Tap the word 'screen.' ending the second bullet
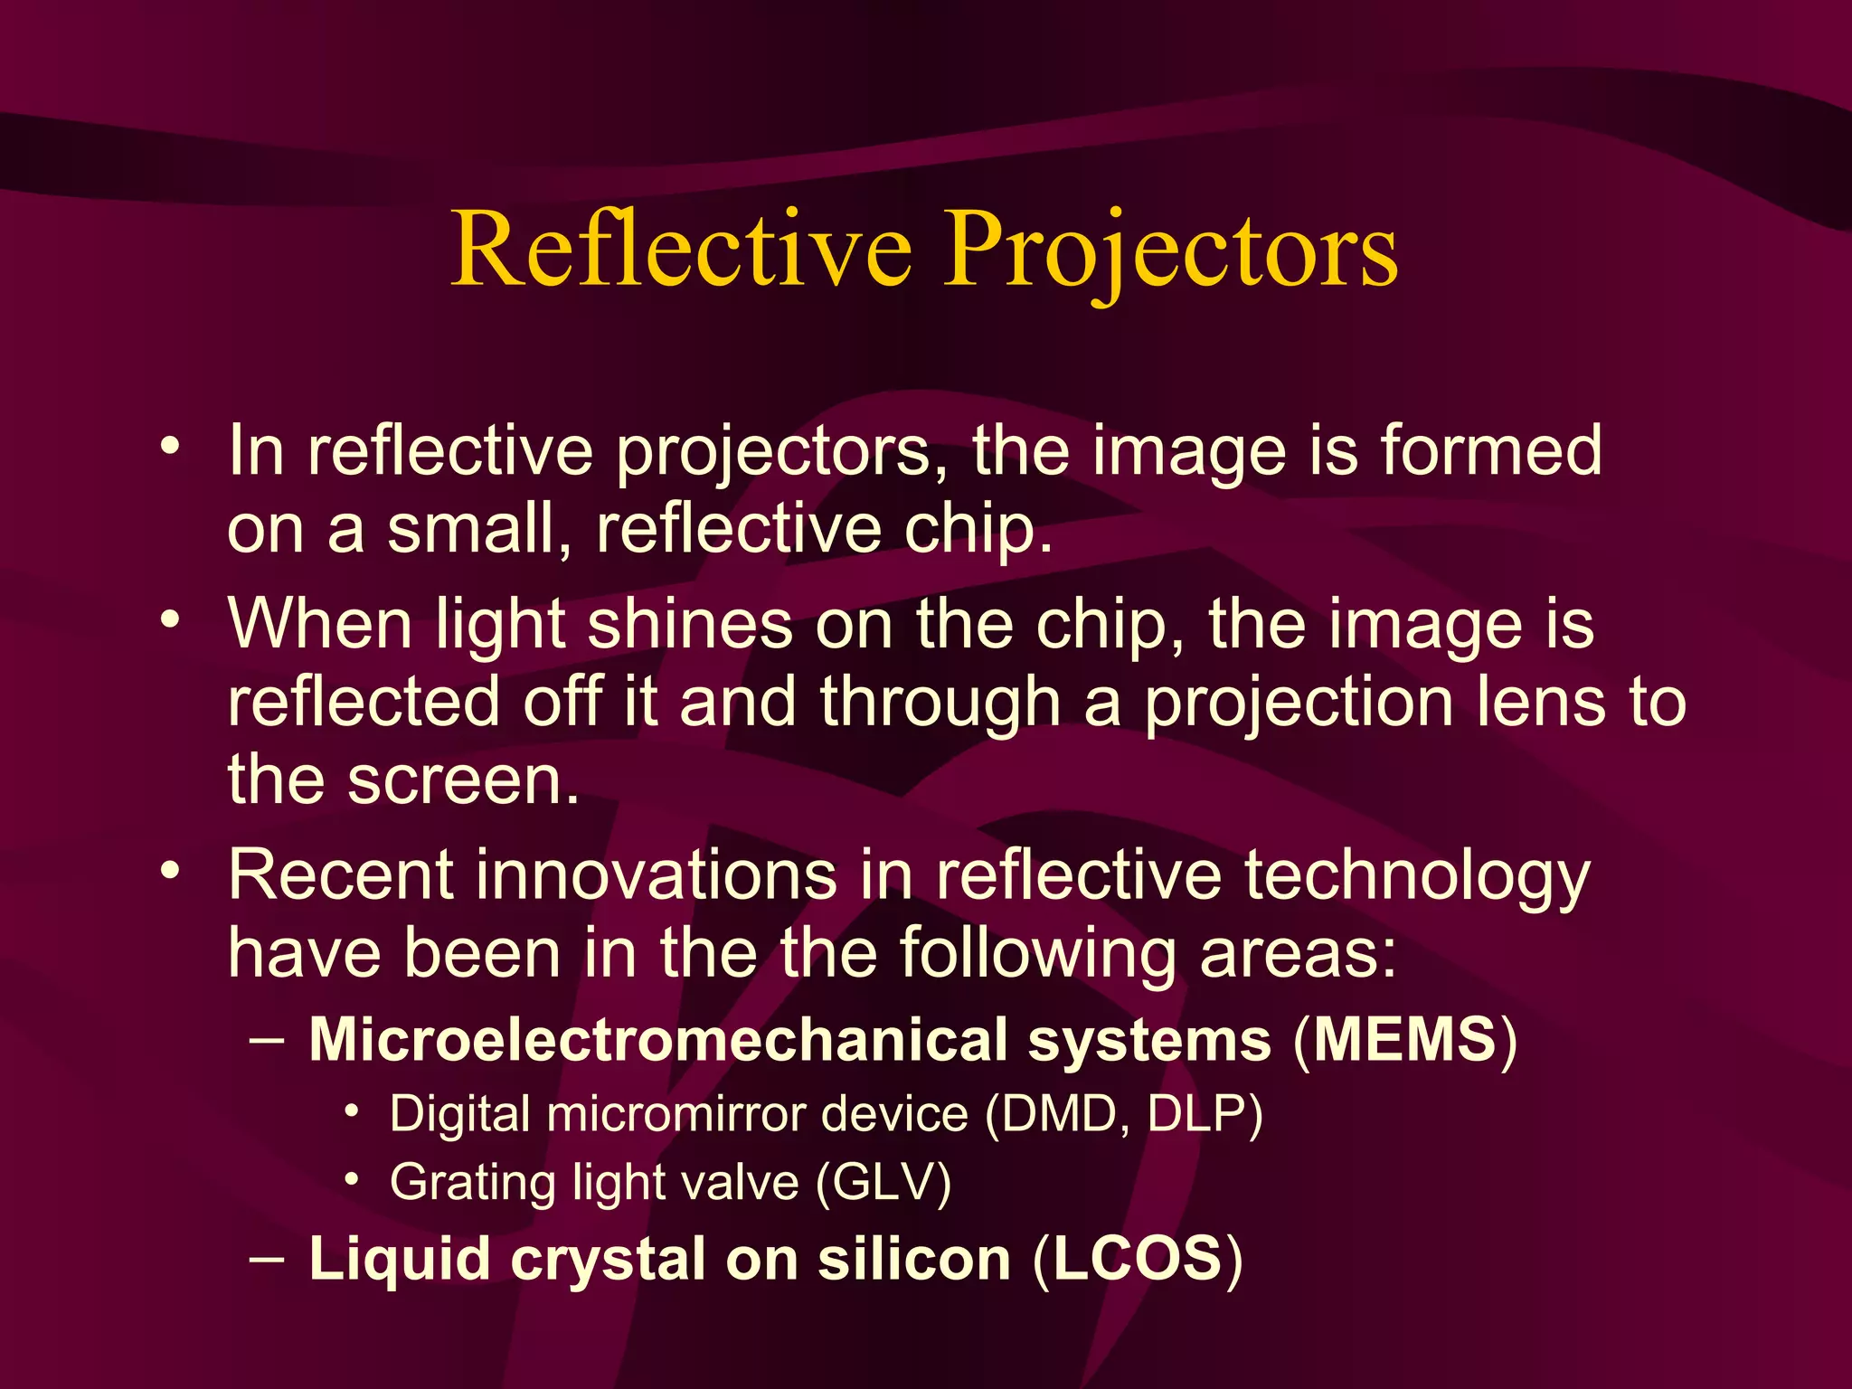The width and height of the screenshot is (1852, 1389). (x=463, y=780)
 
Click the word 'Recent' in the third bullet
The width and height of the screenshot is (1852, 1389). (x=339, y=875)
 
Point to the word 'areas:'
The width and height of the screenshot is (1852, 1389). (x=1298, y=955)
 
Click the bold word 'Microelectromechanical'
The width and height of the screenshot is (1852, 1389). (x=657, y=1040)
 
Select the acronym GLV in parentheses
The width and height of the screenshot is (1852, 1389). (x=883, y=1183)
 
